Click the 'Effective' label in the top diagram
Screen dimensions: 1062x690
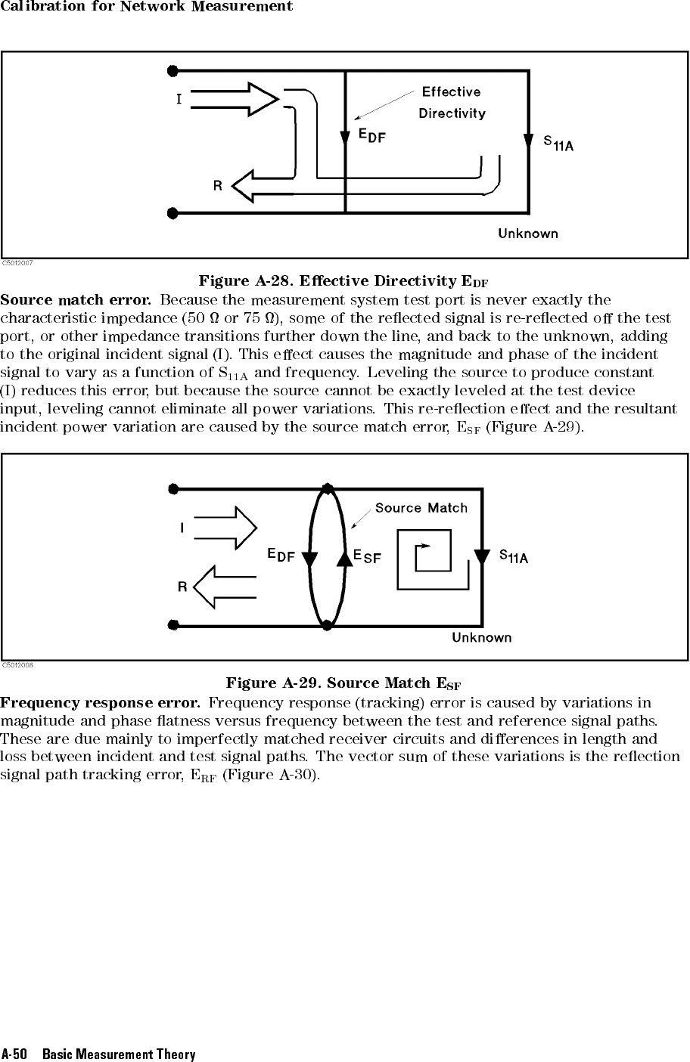coord(451,92)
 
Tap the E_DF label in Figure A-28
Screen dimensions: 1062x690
coord(371,136)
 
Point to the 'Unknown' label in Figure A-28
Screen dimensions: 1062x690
coord(527,234)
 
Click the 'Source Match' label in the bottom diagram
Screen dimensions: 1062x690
coord(421,508)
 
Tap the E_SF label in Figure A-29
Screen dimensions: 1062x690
coord(367,556)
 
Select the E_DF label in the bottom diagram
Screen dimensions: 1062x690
coord(281,555)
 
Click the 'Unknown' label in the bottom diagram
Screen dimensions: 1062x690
coord(481,638)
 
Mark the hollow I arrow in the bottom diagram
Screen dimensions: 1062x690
coord(225,527)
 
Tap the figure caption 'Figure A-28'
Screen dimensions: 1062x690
coord(343,282)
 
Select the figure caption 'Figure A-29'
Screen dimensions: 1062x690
coord(343,684)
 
